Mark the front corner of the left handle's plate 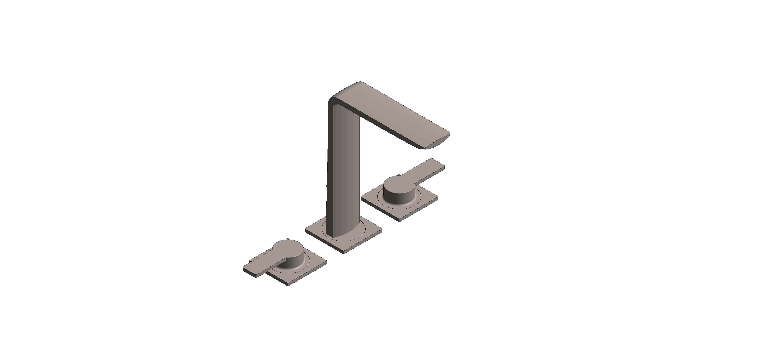pyautogui.click(x=288, y=285)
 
